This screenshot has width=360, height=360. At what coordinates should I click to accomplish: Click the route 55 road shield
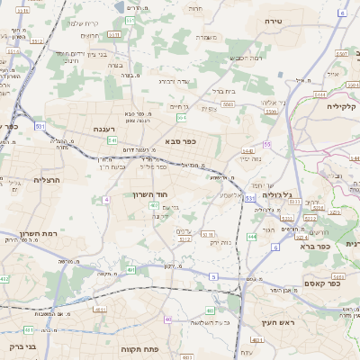(x=267, y=144)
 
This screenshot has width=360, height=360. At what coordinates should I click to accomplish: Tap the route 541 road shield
(x=112, y=140)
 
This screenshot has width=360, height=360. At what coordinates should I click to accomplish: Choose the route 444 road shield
(x=251, y=236)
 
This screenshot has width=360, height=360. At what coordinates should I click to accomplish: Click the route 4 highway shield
(x=105, y=199)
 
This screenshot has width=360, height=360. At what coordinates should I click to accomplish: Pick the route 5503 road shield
(x=229, y=103)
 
